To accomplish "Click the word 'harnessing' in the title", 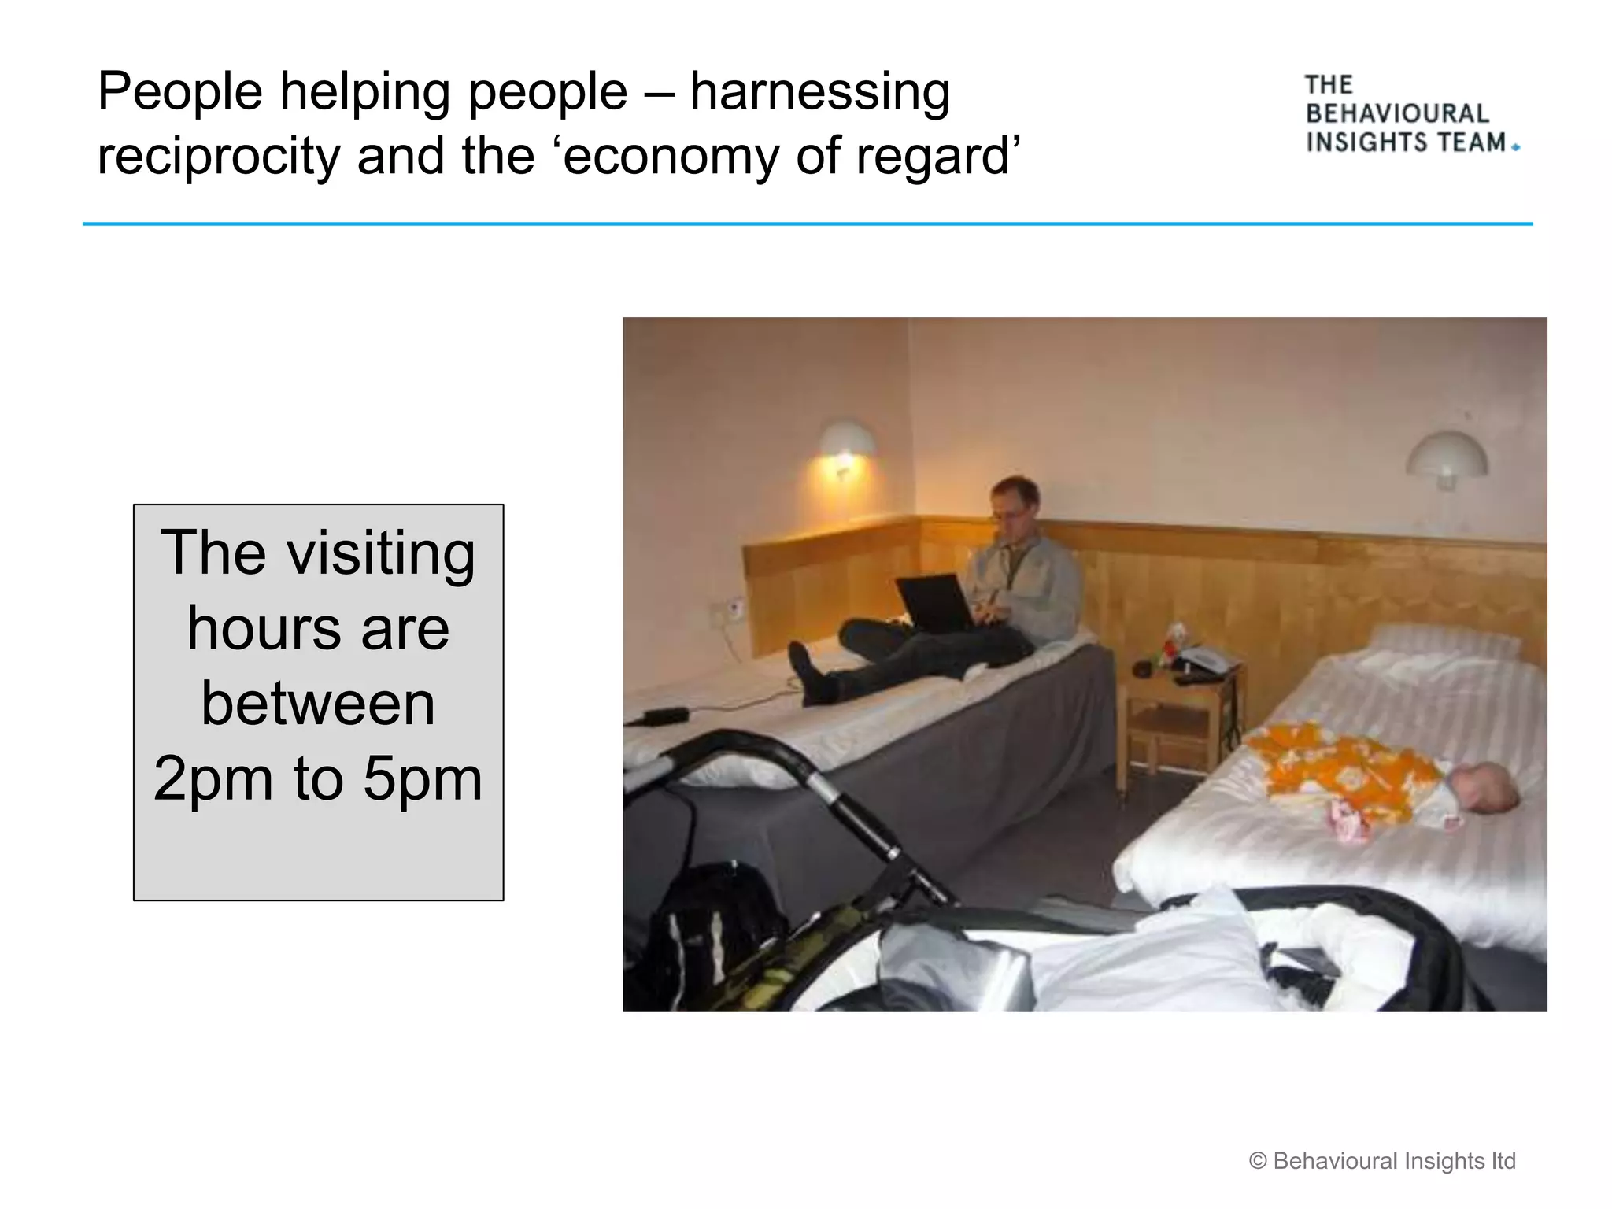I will pos(819,93).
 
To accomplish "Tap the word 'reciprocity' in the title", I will pos(218,157).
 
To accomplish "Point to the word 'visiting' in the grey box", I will pos(381,553).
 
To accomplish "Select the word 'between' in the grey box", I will pos(318,704).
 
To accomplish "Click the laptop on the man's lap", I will pos(936,603).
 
